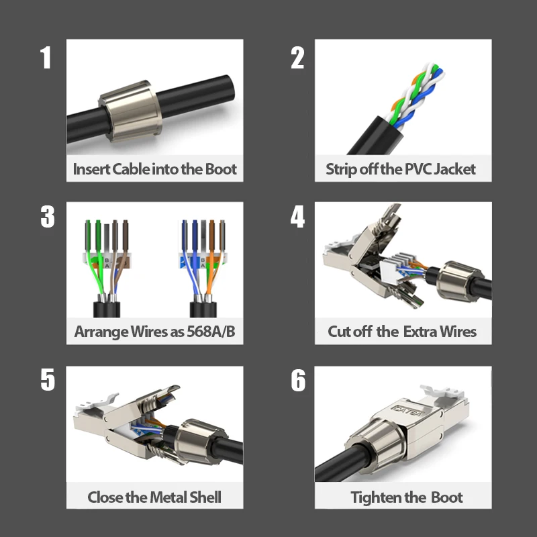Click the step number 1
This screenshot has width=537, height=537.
[x=46, y=58]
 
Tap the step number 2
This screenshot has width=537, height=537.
[x=297, y=58]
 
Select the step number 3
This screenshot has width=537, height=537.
[x=48, y=216]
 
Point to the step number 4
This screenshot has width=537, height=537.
[x=297, y=216]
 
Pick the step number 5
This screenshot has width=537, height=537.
[x=48, y=379]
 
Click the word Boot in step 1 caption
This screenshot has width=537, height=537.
[x=221, y=169]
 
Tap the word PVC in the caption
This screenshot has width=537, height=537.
[x=418, y=169]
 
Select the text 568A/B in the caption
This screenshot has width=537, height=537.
[x=211, y=332]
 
